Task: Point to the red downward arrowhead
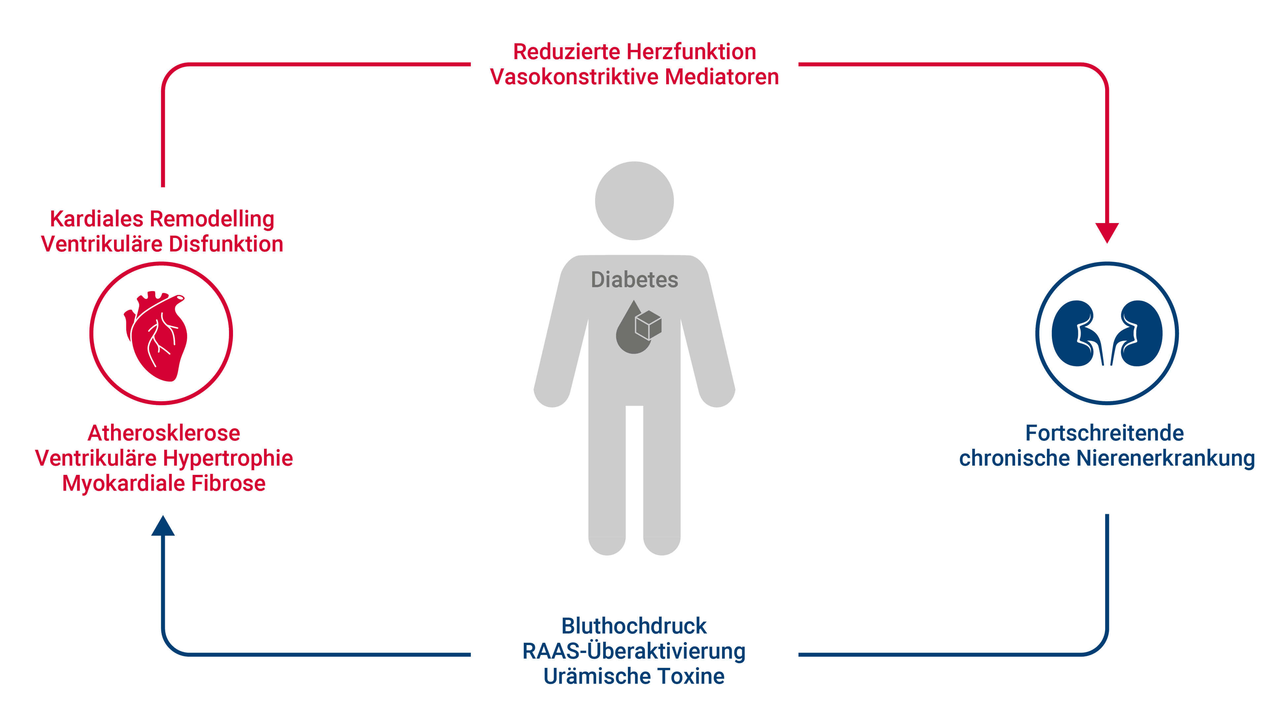click(1107, 232)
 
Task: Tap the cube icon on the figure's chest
click(648, 325)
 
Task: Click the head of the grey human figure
click(634, 201)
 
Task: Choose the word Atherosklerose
click(164, 433)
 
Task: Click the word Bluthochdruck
click(634, 626)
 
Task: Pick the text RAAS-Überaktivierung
click(634, 651)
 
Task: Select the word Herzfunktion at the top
click(691, 52)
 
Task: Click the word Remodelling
click(212, 219)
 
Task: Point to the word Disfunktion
click(226, 244)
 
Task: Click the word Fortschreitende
click(1104, 433)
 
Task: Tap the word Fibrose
click(228, 483)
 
